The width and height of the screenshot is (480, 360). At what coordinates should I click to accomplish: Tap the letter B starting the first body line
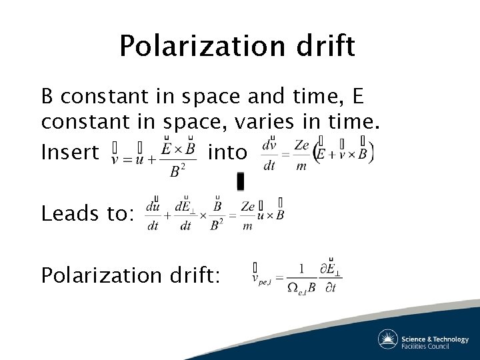click(47, 97)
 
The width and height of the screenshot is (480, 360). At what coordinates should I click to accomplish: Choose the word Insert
click(70, 153)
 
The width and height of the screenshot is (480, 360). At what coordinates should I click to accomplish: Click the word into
click(227, 153)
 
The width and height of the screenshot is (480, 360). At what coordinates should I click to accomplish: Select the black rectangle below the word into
click(240, 181)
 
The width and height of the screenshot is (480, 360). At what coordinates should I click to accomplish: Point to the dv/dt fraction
click(269, 155)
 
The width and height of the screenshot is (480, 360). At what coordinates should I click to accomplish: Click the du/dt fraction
click(153, 215)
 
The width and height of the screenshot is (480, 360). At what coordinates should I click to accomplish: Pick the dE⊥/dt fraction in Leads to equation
click(184, 215)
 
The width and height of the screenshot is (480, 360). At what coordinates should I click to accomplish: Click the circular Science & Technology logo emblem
click(387, 339)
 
